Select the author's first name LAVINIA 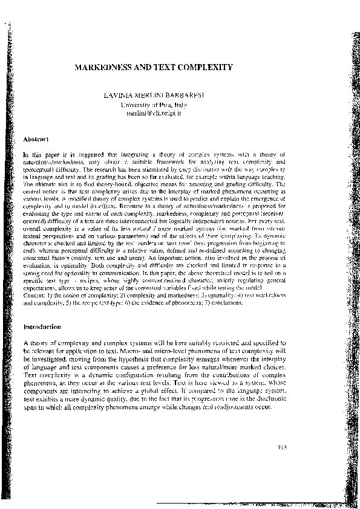click(118, 96)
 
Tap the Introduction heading click(42, 327)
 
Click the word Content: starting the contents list click(34, 296)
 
